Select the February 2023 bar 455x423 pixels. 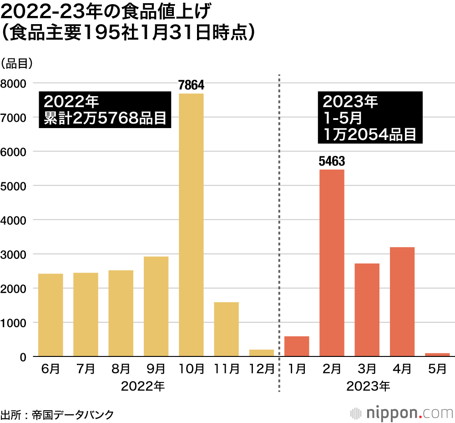pyautogui.click(x=332, y=263)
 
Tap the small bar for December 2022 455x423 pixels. pyautogui.click(x=262, y=353)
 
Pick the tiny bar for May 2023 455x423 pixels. pyautogui.click(x=437, y=354)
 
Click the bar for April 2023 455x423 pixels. pyautogui.click(x=402, y=301)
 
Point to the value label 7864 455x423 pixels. pyautogui.click(x=191, y=85)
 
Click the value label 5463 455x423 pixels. pyautogui.click(x=332, y=161)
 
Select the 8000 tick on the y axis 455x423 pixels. pyautogui.click(x=14, y=83)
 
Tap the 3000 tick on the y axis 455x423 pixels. pyautogui.click(x=14, y=254)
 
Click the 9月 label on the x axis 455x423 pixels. pyautogui.click(x=156, y=369)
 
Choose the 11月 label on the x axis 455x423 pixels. pyautogui.click(x=227, y=369)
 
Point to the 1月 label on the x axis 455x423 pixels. pyautogui.click(x=297, y=369)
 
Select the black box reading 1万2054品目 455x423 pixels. pyautogui.click(x=370, y=118)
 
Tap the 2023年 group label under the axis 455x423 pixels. pyautogui.click(x=368, y=387)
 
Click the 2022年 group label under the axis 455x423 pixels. pyautogui.click(x=142, y=387)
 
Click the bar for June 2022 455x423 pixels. pyautogui.click(x=51, y=315)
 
